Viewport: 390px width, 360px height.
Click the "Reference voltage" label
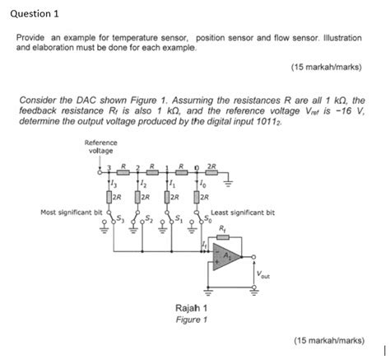[x=100, y=147]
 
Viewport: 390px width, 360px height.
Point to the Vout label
[x=262, y=274]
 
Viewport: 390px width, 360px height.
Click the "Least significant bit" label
[x=243, y=213]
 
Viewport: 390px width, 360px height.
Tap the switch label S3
[x=121, y=218]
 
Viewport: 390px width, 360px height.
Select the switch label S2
[x=150, y=218]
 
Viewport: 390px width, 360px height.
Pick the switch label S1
[x=179, y=218]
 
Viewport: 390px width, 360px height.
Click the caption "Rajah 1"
[x=191, y=307]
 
